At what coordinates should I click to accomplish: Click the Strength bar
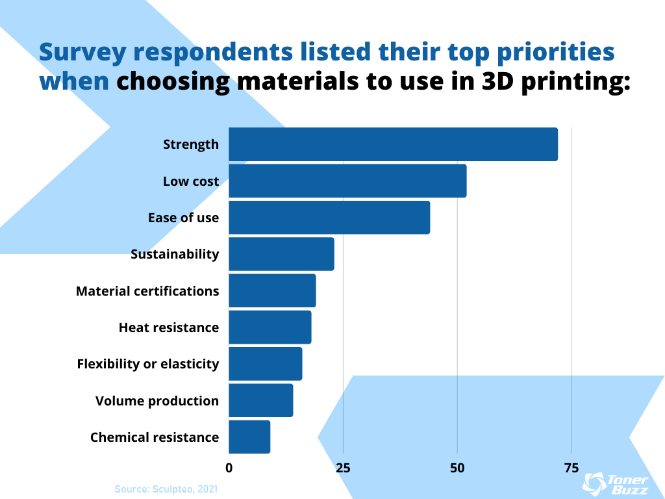(x=393, y=144)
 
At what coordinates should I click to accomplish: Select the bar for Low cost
(x=347, y=181)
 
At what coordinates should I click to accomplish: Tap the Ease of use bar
(x=329, y=217)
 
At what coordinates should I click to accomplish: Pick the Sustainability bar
(x=281, y=254)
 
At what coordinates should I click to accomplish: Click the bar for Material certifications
(x=272, y=290)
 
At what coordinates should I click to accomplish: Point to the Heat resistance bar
(x=270, y=327)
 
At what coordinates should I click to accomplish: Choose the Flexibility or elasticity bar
(x=266, y=364)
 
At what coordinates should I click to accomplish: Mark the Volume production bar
(x=261, y=400)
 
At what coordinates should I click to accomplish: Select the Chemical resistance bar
(x=249, y=437)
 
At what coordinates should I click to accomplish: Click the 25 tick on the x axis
(x=343, y=467)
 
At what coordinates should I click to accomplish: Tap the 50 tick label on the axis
(x=457, y=467)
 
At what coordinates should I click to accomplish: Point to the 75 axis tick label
(x=571, y=467)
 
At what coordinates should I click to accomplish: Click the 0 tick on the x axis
(x=229, y=467)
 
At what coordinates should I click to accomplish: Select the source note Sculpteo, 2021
(x=166, y=488)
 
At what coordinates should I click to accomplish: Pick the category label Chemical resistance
(x=155, y=437)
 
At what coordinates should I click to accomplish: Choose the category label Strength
(x=191, y=144)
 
